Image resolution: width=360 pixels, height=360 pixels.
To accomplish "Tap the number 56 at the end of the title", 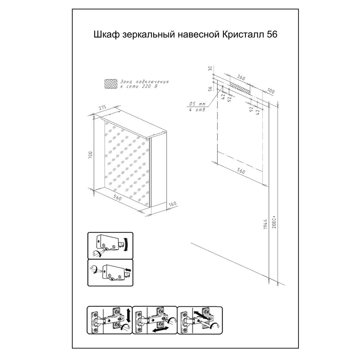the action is pyautogui.click(x=272, y=34).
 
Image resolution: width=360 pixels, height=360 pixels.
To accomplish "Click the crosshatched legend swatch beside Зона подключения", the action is pyautogui.click(x=111, y=84).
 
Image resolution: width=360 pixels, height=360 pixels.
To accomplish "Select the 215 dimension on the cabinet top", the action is pyautogui.click(x=102, y=107).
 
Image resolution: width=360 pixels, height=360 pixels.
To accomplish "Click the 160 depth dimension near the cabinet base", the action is pyautogui.click(x=172, y=204).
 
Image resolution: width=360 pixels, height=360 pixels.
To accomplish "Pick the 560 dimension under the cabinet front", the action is pyautogui.click(x=117, y=197).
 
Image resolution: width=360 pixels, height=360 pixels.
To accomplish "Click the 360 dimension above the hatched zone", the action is pyautogui.click(x=241, y=78).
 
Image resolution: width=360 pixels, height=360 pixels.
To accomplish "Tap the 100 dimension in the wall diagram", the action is pyautogui.click(x=271, y=91).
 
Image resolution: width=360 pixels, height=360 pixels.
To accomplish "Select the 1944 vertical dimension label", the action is pyautogui.click(x=265, y=224).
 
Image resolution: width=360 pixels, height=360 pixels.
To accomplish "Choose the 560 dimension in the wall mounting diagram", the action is pyautogui.click(x=241, y=171).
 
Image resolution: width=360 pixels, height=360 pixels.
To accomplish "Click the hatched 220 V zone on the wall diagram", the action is pyautogui.click(x=239, y=87).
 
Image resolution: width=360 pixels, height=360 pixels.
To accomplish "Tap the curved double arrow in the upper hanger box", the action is pyautogui.click(x=126, y=244).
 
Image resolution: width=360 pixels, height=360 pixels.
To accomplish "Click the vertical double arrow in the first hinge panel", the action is pyautogui.click(x=129, y=315).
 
